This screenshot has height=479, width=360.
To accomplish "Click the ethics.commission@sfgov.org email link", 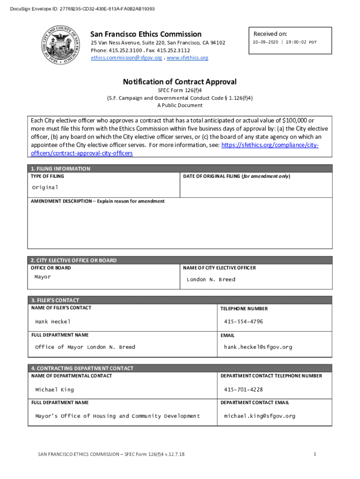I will click(x=126, y=58).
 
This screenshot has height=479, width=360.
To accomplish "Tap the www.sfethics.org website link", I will click(x=187, y=58).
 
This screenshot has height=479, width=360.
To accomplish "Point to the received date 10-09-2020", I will click(x=265, y=42).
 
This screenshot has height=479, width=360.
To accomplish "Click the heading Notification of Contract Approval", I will click(x=180, y=82).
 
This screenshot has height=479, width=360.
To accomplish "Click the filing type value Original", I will click(x=45, y=187).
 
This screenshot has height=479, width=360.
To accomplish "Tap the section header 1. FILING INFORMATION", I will click(x=61, y=168).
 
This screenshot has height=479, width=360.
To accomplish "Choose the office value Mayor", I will click(x=43, y=277).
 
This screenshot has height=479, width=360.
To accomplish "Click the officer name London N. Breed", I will click(x=211, y=279).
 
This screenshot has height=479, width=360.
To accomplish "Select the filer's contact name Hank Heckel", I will click(x=53, y=321).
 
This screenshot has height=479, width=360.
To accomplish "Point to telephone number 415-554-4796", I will click(x=243, y=321).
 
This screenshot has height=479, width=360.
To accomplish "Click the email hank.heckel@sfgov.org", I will click(x=258, y=347).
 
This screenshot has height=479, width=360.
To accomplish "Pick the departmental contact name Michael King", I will click(x=54, y=390).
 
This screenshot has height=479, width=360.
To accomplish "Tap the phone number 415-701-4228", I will click(x=243, y=390).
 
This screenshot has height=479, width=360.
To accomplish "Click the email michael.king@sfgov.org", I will click(x=259, y=416).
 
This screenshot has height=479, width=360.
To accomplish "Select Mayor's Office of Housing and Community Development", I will click(x=117, y=416).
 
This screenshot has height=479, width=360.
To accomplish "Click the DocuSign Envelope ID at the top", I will click(x=79, y=9).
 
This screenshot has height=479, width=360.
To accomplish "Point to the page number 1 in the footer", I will click(x=315, y=454).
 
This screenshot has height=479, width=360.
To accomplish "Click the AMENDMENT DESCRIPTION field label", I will click(x=98, y=201).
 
